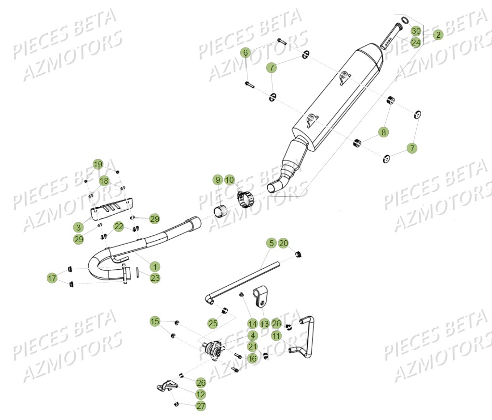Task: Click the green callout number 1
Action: point(155,267)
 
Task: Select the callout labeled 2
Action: point(438,35)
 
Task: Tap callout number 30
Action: point(416,31)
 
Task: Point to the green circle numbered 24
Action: point(416,42)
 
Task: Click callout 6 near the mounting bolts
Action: point(246,53)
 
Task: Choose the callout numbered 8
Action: point(383,132)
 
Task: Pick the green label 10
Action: point(230,180)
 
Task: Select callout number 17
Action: point(52,278)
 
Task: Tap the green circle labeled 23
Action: point(155,278)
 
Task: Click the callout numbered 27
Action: point(201,406)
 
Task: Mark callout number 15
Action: point(155,321)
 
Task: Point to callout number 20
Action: point(283,243)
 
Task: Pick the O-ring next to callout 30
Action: point(405,20)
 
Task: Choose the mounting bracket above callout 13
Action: point(260,297)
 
